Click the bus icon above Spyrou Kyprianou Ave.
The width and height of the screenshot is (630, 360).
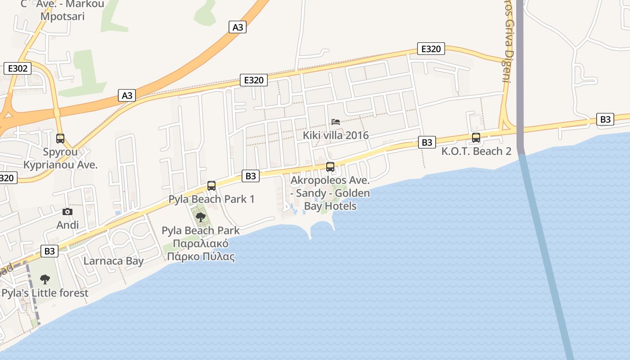(x=60, y=139)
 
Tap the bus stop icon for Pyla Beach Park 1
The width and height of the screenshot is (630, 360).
(x=211, y=185)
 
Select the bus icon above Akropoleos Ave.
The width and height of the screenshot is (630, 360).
(x=330, y=167)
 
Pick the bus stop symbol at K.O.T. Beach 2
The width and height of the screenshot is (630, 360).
(x=476, y=138)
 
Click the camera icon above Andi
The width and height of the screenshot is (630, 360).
(x=67, y=211)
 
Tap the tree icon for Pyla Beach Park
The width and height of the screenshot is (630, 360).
(x=201, y=217)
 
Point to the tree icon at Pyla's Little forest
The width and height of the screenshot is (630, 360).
(x=45, y=279)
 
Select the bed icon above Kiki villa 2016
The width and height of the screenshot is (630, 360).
(x=336, y=121)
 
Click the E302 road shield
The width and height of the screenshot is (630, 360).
(x=18, y=68)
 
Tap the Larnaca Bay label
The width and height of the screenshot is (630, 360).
(x=114, y=261)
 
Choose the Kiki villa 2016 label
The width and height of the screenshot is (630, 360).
(x=336, y=135)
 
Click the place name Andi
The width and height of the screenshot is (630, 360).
(x=67, y=225)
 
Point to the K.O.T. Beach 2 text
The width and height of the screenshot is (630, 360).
(x=476, y=151)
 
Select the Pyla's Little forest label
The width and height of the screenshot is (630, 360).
(x=45, y=293)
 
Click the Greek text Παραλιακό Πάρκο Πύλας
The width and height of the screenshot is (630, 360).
(x=201, y=251)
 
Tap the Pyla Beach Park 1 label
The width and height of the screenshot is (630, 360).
(x=211, y=199)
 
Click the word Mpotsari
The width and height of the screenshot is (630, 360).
(x=63, y=16)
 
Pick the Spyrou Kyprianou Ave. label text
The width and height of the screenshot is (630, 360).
(x=60, y=158)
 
